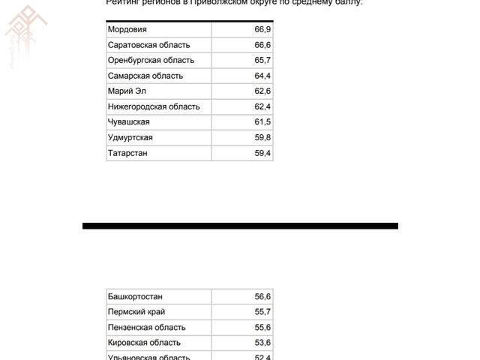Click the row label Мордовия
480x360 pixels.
coord(127,29)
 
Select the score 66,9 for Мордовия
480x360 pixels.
coord(262,29)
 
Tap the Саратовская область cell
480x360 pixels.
coord(149,45)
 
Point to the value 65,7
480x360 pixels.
coord(262,60)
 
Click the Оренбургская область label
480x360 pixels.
coord(151,60)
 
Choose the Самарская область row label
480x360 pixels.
coord(145,76)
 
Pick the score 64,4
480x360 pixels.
coord(262,76)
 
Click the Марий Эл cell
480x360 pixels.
coord(127,91)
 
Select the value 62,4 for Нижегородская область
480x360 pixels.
coord(262,106)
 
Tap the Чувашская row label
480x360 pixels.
coord(129,122)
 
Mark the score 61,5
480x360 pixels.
coord(262,122)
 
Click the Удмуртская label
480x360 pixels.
coord(130,138)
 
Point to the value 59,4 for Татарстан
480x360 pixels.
coord(262,153)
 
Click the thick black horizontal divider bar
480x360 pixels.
coord(240,225)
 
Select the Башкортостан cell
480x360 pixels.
coord(135,296)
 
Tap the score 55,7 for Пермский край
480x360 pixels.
coord(262,312)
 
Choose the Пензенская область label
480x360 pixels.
coord(146,327)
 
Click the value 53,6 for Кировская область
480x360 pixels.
coord(262,343)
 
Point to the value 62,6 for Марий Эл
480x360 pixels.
coord(262,91)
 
